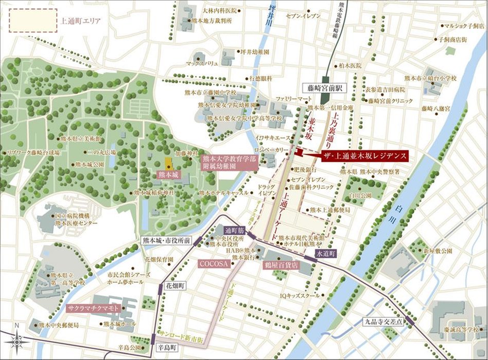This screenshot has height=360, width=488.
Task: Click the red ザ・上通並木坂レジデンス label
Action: [363, 155]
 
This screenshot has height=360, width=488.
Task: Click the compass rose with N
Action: [18, 339]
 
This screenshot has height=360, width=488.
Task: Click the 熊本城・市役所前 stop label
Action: [166, 240]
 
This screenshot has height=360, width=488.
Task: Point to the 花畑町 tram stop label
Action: [176, 285]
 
